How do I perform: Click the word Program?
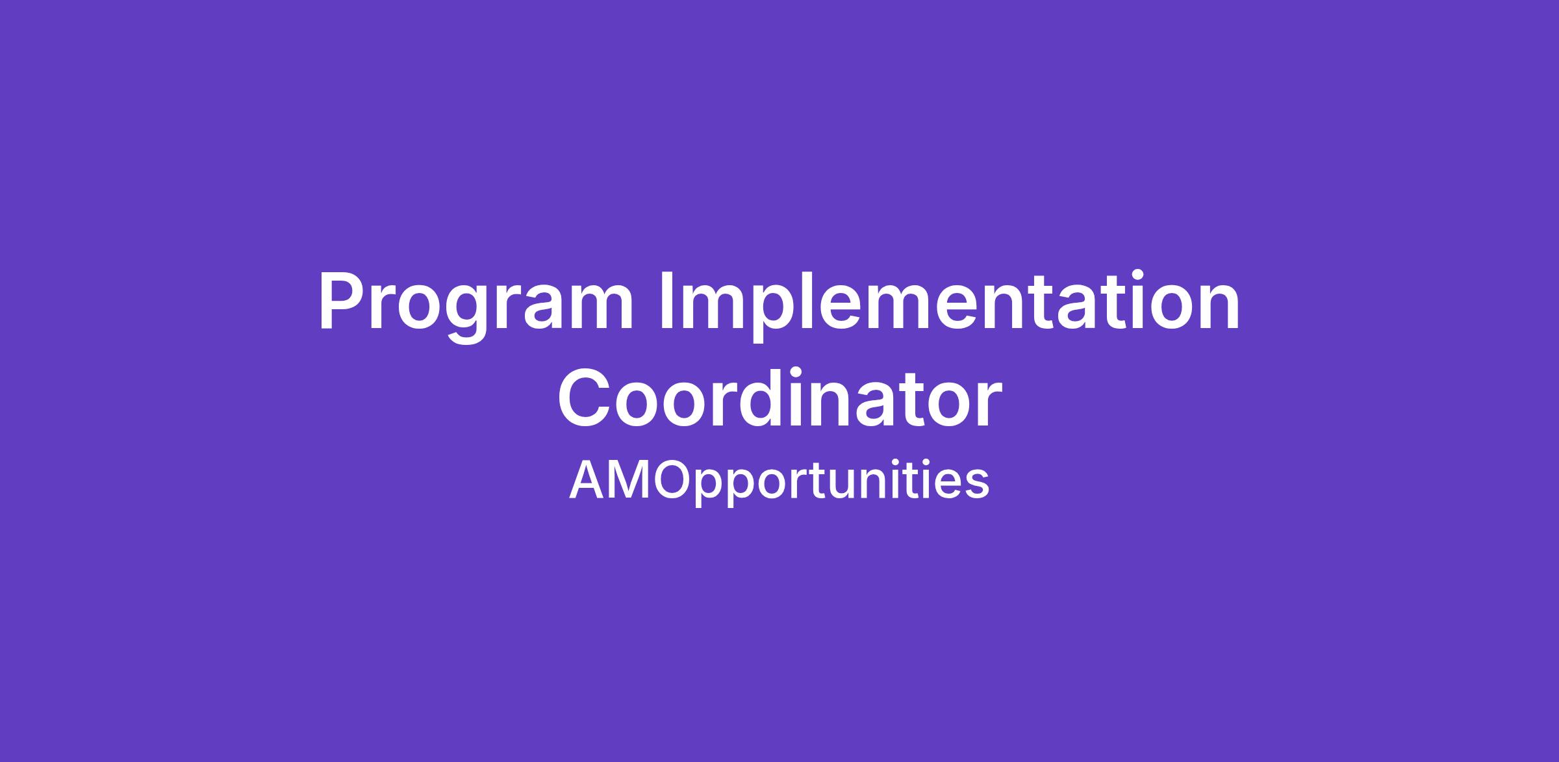pyautogui.click(x=475, y=305)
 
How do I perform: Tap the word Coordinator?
pyautogui.click(x=779, y=397)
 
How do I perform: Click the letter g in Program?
pyautogui.click(x=465, y=315)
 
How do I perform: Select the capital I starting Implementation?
pyautogui.click(x=667, y=301)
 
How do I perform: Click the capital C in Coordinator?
pyautogui.click(x=583, y=397)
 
